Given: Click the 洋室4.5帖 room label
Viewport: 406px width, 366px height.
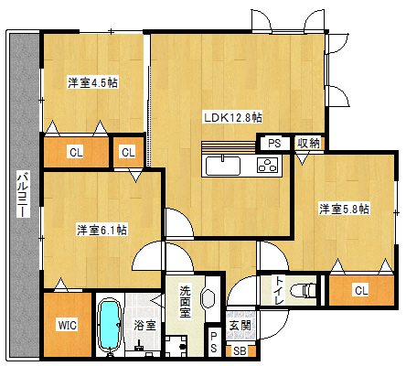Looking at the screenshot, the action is (x=92, y=82).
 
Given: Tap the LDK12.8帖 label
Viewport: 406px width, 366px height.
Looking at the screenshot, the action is (x=233, y=118).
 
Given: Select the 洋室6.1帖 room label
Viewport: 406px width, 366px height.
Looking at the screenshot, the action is (x=101, y=230).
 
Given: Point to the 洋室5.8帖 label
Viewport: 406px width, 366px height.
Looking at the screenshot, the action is (x=344, y=209).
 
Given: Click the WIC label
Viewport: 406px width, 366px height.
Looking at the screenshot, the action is (x=68, y=325).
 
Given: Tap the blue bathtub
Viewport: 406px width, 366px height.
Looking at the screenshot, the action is (x=110, y=325).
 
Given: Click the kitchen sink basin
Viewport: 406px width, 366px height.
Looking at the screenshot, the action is (x=223, y=166).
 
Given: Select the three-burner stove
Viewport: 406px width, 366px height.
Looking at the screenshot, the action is (x=267, y=166).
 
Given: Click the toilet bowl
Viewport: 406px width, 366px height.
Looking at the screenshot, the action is (x=304, y=290).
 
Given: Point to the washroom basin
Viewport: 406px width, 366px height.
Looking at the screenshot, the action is (x=208, y=296).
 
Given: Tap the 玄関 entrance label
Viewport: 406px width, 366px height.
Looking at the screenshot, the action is (x=240, y=326).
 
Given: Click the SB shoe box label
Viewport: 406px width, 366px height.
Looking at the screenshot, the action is (x=240, y=351).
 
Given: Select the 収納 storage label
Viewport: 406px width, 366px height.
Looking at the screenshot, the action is (x=308, y=143).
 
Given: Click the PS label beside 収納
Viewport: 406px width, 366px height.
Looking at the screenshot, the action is (x=274, y=143).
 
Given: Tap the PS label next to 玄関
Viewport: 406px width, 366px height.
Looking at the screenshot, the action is (x=213, y=342).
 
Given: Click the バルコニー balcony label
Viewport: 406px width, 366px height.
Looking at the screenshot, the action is (x=23, y=195).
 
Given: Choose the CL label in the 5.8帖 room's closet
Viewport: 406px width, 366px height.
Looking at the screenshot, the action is (x=361, y=290).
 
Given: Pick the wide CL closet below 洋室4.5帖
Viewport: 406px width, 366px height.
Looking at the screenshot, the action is (x=76, y=152).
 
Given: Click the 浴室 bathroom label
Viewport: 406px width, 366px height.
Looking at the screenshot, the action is (x=144, y=325).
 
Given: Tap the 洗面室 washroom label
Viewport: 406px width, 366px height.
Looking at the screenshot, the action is (x=185, y=302).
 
